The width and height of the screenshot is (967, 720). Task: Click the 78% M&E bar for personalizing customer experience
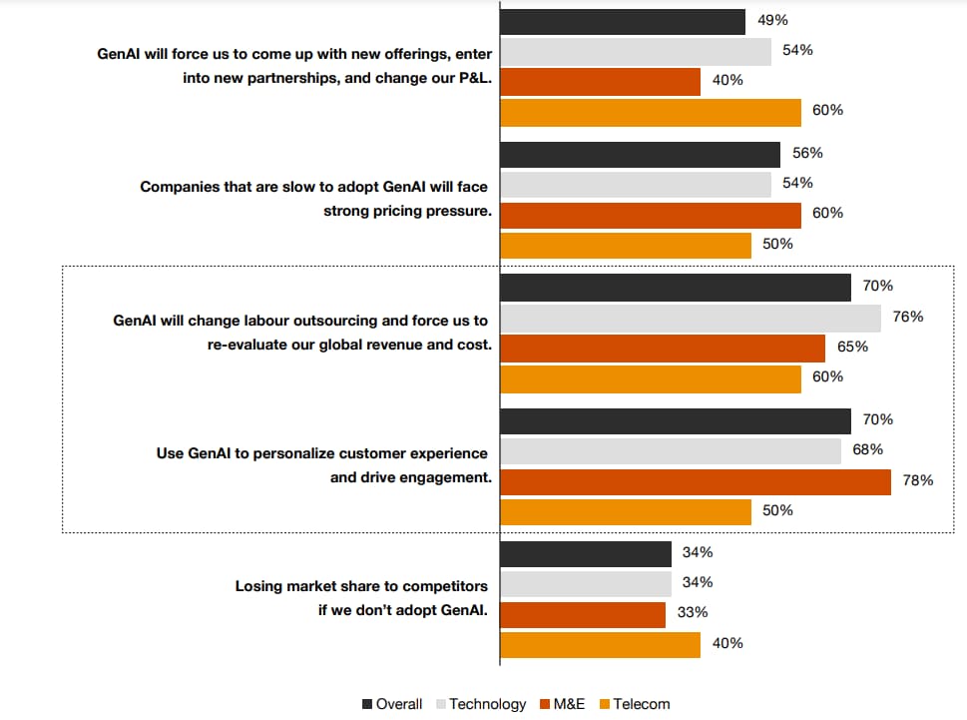click(x=695, y=481)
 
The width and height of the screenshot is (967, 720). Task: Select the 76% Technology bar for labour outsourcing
click(x=690, y=319)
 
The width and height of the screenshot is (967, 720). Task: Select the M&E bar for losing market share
click(x=582, y=614)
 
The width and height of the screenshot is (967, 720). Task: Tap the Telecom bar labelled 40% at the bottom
click(x=600, y=644)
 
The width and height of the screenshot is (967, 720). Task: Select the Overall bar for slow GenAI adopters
click(x=640, y=155)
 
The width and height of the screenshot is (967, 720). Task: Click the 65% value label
click(x=854, y=347)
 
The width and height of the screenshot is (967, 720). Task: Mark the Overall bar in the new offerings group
click(x=622, y=22)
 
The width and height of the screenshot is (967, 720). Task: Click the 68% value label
click(x=868, y=449)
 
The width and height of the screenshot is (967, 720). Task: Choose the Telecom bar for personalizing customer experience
click(x=625, y=511)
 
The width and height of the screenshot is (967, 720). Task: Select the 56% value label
click(x=807, y=153)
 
